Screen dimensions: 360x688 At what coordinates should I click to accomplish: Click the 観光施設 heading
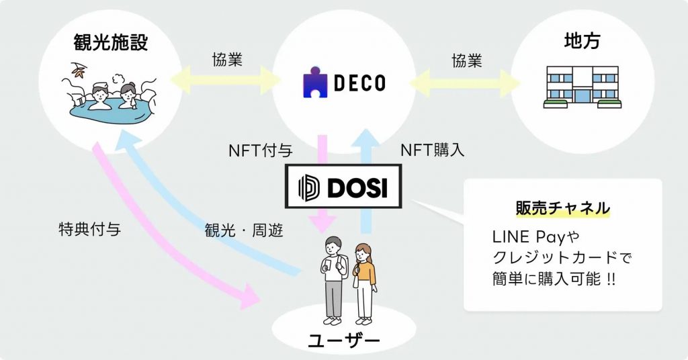pyautogui.click(x=110, y=43)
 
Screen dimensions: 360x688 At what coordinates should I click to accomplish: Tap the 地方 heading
pyautogui.click(x=582, y=40)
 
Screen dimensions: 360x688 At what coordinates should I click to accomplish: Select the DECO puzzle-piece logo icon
pyautogui.click(x=314, y=83)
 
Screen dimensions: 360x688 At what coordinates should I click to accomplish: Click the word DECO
pyautogui.click(x=359, y=83)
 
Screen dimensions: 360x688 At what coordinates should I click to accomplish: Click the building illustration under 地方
pyautogui.click(x=583, y=87)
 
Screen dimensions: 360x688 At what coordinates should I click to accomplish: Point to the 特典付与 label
pyautogui.click(x=90, y=230)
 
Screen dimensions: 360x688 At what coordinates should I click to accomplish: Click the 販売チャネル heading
pyautogui.click(x=562, y=208)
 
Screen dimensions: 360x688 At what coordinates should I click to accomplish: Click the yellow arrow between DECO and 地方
pyautogui.click(x=466, y=83)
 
